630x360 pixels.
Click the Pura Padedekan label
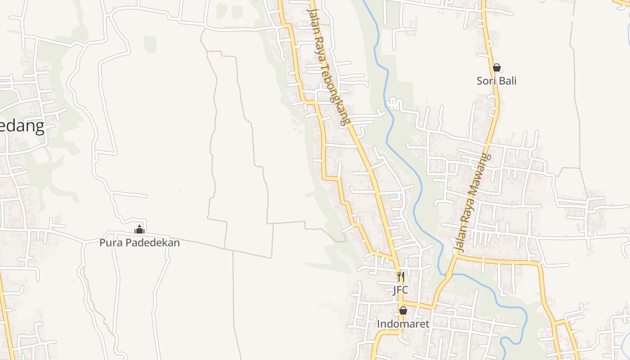[x=139, y=243]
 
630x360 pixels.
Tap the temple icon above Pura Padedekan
[x=139, y=229]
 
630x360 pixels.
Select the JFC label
[x=400, y=290]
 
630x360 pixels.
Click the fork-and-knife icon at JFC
[x=400, y=276]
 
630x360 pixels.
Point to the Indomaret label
[x=403, y=324]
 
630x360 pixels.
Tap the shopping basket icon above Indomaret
[x=403, y=310]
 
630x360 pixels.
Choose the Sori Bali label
[x=496, y=81]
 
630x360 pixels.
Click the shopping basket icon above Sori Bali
[x=496, y=67]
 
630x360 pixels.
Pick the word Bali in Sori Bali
[x=507, y=81]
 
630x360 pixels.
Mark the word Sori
[x=486, y=81]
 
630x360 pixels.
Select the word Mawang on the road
[x=480, y=173]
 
